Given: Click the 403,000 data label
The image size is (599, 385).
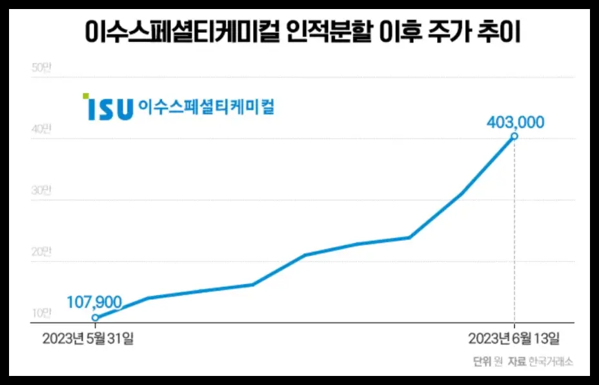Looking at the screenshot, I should tap(516, 122).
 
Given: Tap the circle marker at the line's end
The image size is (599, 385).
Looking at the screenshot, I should tap(514, 136).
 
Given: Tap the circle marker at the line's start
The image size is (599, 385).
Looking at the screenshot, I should tap(95, 317).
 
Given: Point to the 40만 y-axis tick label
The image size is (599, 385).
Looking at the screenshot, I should tap(41, 129).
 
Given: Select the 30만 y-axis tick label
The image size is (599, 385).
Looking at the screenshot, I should tap(41, 191).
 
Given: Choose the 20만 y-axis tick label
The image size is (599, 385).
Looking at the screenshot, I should tap(41, 252).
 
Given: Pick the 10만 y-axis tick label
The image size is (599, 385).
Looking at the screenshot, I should tap(41, 313).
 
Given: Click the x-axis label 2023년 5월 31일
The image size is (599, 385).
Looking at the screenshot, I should tap(88, 338).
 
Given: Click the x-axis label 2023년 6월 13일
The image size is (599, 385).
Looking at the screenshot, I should tap(514, 338).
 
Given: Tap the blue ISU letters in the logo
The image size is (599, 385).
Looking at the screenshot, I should tap(110, 109).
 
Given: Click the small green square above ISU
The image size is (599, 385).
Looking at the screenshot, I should tap(86, 96).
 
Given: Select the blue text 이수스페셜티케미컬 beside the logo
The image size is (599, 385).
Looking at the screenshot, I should tap(207, 107).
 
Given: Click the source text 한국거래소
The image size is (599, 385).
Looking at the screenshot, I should tap(550, 362).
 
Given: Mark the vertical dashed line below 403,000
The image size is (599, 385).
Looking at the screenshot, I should tap(514, 233).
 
